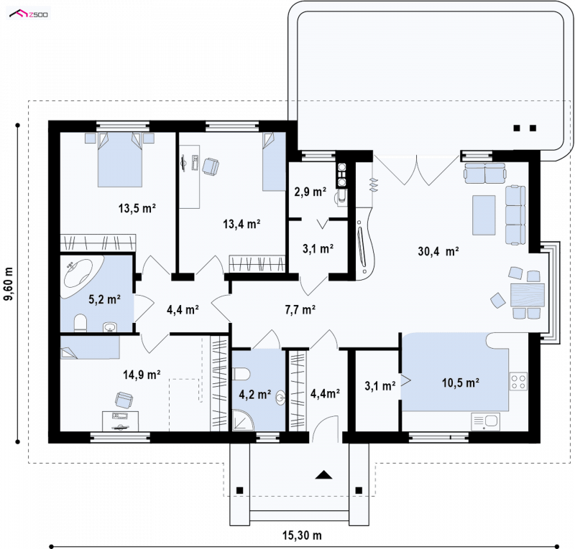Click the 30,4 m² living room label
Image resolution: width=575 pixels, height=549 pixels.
[x=438, y=251]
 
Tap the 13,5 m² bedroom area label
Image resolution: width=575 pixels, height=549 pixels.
[x=137, y=208]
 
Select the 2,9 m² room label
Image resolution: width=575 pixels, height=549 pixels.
[x=310, y=192]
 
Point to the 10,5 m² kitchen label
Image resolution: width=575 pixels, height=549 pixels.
[x=461, y=383]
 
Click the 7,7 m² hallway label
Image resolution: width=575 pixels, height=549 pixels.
[x=300, y=310]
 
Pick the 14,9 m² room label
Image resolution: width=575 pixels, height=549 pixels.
[x=142, y=375]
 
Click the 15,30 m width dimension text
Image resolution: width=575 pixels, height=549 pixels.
[x=302, y=535]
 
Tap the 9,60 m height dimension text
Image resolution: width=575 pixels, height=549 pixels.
[x=9, y=283]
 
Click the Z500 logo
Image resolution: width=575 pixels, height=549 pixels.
[x=29, y=14]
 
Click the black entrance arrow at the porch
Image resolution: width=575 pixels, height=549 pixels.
[x=323, y=475]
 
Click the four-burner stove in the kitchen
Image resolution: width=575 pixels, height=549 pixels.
[x=518, y=382]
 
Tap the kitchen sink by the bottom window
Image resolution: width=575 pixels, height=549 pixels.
[x=485, y=422]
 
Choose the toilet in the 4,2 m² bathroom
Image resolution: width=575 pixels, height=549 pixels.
[x=241, y=374]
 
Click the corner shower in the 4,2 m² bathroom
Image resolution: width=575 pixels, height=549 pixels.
[x=243, y=420]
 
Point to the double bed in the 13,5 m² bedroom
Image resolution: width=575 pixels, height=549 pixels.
[x=119, y=160]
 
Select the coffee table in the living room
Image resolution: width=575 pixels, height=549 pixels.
[x=484, y=215]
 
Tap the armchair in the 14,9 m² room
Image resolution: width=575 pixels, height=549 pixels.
[x=124, y=400]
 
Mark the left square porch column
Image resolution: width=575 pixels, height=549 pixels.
[x=239, y=490]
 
